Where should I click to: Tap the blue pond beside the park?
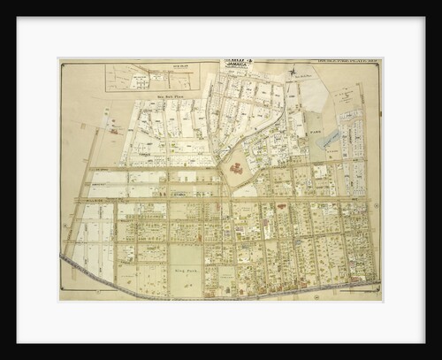pyautogui.click(x=331, y=139)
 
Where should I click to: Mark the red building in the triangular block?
pyautogui.click(x=236, y=167)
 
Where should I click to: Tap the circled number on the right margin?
pyautogui.click(x=375, y=205)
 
